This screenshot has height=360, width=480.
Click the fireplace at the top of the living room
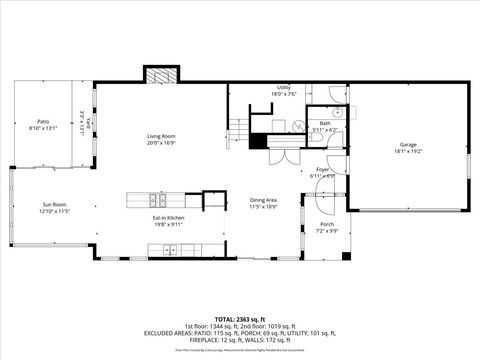coord(161,76)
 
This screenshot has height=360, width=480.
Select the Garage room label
coord(408,144)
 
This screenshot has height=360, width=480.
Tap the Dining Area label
coord(264,200)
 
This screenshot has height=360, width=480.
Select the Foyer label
coord(323,170)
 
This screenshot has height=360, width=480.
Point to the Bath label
coord(325,123)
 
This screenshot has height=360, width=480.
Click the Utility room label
coord(284,87)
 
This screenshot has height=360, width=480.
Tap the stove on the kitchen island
coord(154,198)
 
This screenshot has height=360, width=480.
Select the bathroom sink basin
coord(339,112)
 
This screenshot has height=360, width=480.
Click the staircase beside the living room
coord(238,128)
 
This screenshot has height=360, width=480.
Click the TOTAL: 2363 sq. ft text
coord(239,318)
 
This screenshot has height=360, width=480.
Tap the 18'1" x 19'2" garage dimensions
coord(408,151)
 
